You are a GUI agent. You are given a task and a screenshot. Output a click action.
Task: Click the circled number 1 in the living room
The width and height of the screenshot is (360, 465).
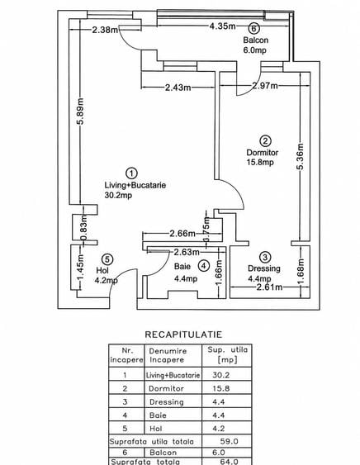click(x=131, y=173)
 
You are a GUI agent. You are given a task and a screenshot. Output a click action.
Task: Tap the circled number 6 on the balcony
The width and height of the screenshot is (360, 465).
click(x=253, y=28)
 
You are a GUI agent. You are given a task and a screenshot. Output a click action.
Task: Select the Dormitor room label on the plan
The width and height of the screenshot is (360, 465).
click(x=263, y=153)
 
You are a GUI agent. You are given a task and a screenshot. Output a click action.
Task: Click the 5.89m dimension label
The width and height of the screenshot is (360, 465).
click(x=81, y=112)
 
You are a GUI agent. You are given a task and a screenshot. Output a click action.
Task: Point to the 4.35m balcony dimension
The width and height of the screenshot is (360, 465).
click(x=222, y=26)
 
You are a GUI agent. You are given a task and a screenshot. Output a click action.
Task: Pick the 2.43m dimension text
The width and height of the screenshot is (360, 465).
click(x=178, y=88)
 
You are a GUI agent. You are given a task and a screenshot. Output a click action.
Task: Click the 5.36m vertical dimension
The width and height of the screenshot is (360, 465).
click(x=301, y=157)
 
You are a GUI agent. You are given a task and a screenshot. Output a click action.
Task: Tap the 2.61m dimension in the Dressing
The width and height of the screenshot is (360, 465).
click(x=269, y=287)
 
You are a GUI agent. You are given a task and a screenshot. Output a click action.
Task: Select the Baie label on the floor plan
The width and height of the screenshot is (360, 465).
click(x=182, y=266)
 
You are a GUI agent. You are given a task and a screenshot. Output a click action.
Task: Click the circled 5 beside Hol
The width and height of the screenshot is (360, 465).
click(x=107, y=259)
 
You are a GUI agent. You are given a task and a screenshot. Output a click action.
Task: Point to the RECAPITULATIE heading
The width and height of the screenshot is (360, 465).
click(x=183, y=335)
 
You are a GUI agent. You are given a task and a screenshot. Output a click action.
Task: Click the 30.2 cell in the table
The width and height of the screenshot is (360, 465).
click(x=221, y=375)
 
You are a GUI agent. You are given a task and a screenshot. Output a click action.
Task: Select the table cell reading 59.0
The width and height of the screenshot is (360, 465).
click(x=229, y=441)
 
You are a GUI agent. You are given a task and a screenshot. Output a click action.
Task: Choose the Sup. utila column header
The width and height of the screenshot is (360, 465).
click(x=227, y=354)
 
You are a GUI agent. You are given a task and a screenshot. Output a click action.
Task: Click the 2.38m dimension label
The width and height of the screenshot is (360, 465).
click(x=105, y=30)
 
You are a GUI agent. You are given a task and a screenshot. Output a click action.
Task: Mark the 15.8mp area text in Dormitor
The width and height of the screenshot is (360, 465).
click(x=260, y=162)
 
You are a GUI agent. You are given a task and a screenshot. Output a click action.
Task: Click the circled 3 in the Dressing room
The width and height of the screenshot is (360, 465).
click(x=265, y=257)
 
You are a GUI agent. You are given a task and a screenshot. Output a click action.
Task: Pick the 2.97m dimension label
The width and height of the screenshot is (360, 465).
click(x=265, y=86)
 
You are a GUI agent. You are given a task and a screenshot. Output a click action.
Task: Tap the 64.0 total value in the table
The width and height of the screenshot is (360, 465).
click(x=229, y=462)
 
